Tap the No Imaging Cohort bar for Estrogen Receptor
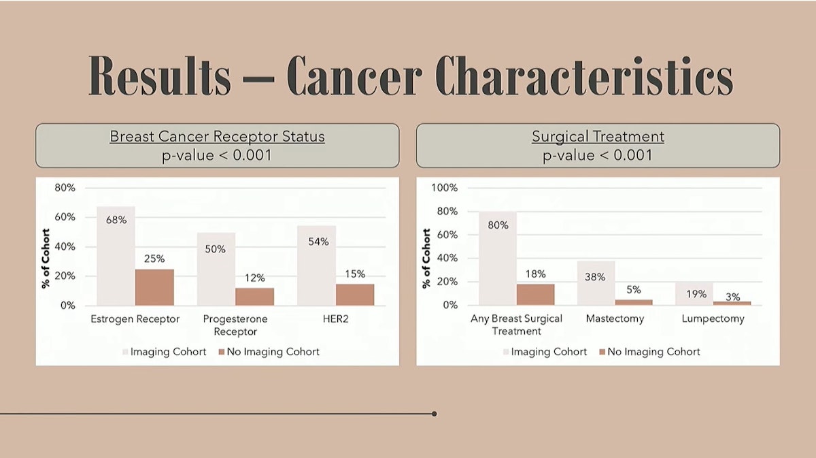coord(154,287)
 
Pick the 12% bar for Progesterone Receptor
coord(255,297)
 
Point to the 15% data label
coord(355,274)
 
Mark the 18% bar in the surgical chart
coord(535,295)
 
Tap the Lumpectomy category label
coord(713,318)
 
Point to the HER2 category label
coord(336,318)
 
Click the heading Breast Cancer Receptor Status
coord(218,137)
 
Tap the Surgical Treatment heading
coord(598,137)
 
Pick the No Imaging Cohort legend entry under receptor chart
coord(269,352)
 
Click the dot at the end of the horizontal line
coord(434,413)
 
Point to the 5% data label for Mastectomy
coord(634,289)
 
